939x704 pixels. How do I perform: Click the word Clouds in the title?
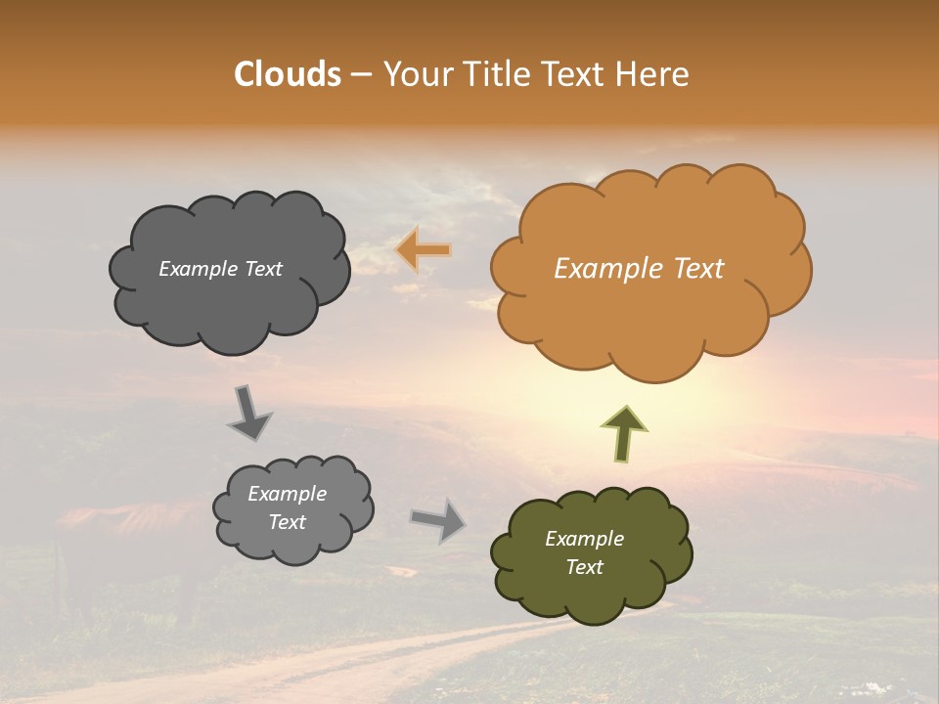(x=288, y=74)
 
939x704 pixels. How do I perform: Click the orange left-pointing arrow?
(x=423, y=250)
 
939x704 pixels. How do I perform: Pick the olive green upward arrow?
(x=624, y=433)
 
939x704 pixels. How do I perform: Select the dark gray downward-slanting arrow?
(x=248, y=413)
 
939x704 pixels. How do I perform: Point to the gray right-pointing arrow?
(x=438, y=519)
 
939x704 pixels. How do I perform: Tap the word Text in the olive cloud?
(x=584, y=567)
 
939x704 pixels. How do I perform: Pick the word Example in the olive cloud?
(x=584, y=539)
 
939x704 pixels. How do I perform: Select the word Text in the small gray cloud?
(x=288, y=522)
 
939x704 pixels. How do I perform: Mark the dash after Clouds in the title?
(x=361, y=74)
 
